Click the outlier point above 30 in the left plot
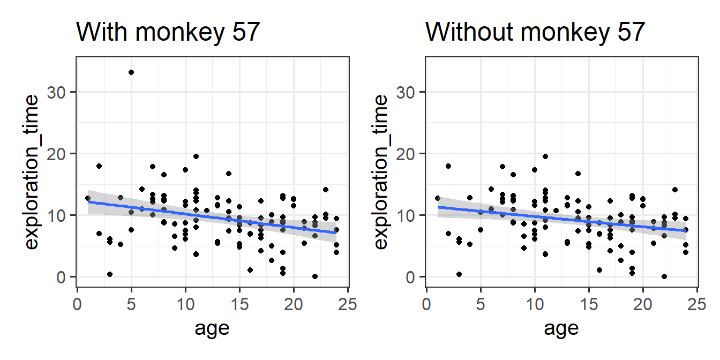click(131, 72)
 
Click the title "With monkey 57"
click(168, 33)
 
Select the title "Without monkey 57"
click(535, 33)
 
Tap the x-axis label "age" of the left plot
click(213, 327)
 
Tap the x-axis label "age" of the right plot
click(561, 327)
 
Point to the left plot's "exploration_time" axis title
click(33, 171)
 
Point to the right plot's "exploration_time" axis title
click(381, 171)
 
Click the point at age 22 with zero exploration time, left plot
click(315, 276)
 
